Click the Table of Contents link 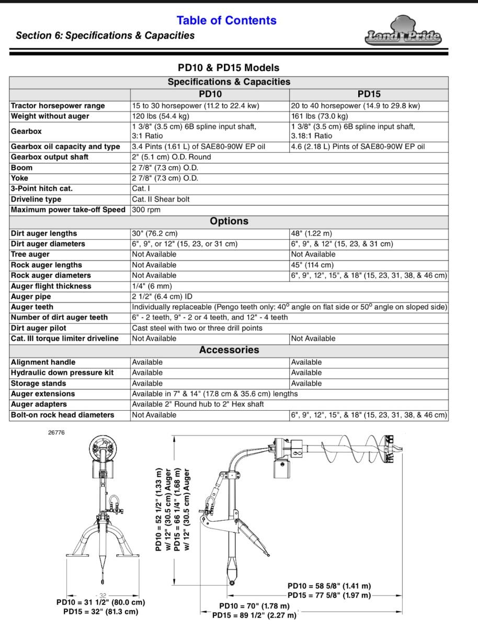pos(226,20)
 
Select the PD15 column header pos(369,94)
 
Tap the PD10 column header pos(210,94)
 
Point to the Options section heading pos(229,221)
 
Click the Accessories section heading pos(229,350)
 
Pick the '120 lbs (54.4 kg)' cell pos(160,116)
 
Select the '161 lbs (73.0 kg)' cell pos(319,116)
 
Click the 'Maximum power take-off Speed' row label pos(68,210)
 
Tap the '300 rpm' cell pos(146,210)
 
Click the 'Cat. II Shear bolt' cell pos(161,199)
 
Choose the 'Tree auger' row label pos(30,254)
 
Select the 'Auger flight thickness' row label pos(51,286)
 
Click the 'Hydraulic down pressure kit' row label pos(62,373)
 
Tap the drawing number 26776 pos(56,433)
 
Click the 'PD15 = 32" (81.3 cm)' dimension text pos(100,611)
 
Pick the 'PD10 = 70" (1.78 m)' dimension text pos(254,606)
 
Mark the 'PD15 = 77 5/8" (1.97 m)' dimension pos(329,596)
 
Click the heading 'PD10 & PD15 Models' pos(229,68)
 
